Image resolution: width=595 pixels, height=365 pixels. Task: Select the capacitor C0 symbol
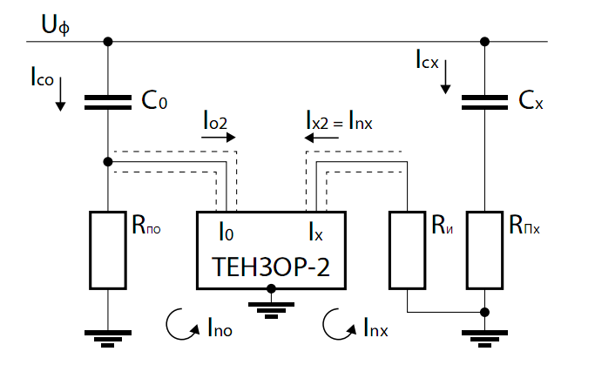108,102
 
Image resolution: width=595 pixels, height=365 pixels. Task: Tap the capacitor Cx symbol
484,102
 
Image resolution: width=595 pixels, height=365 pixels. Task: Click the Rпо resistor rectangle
108,250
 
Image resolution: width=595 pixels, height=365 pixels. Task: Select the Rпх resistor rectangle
484,250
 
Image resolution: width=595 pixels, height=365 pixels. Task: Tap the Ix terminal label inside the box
315,233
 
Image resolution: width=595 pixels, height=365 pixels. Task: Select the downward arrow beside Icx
447,81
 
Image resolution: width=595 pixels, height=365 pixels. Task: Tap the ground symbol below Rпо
108,335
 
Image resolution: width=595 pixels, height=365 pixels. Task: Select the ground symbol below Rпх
484,335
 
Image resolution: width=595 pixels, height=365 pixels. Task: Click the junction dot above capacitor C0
108,41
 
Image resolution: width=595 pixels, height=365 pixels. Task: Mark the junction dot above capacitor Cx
484,41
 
